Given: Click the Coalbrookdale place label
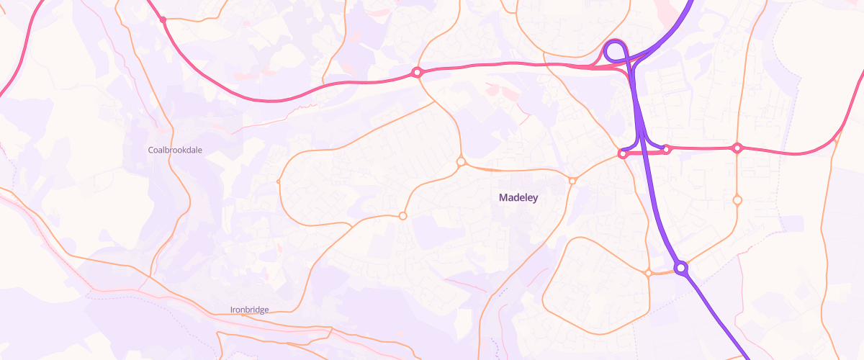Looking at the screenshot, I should tap(175, 150).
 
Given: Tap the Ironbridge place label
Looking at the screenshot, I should tap(249, 310).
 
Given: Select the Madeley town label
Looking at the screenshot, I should tap(518, 197).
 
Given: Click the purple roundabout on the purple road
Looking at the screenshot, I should tap(681, 269).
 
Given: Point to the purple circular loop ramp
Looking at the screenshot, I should tap(615, 51).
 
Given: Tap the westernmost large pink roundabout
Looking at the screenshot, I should tap(416, 72).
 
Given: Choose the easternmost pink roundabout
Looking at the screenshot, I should tap(737, 148).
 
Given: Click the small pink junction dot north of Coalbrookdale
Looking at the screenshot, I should tap(163, 20).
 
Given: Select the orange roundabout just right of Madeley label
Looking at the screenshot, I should tap(572, 181).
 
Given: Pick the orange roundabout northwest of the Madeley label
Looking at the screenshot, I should tap(461, 162).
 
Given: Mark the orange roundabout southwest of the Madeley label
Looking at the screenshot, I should tap(403, 215).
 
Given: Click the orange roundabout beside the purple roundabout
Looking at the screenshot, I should tap(649, 273).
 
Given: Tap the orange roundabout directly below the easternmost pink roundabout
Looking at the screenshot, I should tap(737, 200).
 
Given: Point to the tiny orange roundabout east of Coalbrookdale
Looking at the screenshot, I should tap(279, 181).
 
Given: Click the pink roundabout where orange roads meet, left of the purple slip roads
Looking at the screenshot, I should tap(622, 154).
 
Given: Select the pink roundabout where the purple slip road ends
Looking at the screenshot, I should tap(667, 149).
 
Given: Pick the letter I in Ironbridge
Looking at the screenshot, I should tap(231, 310).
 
